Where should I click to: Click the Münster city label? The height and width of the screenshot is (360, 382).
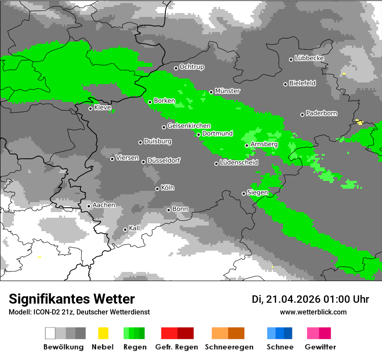pos(227,91)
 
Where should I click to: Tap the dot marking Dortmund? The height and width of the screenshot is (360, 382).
pos(198,134)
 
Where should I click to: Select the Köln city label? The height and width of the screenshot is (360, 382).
pos(168,188)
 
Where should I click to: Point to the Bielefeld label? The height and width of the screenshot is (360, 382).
pos(303,83)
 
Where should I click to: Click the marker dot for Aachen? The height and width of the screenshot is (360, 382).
pos(89,206)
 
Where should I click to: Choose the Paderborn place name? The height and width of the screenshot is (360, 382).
pos(322,114)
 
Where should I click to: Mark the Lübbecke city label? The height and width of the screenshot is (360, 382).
pos(310,58)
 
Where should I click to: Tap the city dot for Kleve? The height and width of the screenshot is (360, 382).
pos(90,108)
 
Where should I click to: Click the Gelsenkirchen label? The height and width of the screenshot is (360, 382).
pos(189,126)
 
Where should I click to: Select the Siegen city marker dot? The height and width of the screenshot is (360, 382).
pos(244,193)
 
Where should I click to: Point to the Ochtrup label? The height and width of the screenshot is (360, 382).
pos(192,67)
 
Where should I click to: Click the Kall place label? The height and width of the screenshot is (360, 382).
pos(135,228)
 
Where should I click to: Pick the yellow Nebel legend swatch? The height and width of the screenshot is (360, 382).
pos(103,333)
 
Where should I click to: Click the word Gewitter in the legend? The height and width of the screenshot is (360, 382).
pos(320,347)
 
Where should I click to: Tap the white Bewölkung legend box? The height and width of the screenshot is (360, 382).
pos(50,333)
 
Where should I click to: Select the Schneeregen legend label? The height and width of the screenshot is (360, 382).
pos(229,347)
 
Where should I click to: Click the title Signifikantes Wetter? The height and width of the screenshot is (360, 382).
pos(72,299)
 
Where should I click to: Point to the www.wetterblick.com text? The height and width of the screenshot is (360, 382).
pos(313,312)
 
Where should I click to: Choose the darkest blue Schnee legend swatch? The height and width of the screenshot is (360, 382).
pos(288,333)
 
